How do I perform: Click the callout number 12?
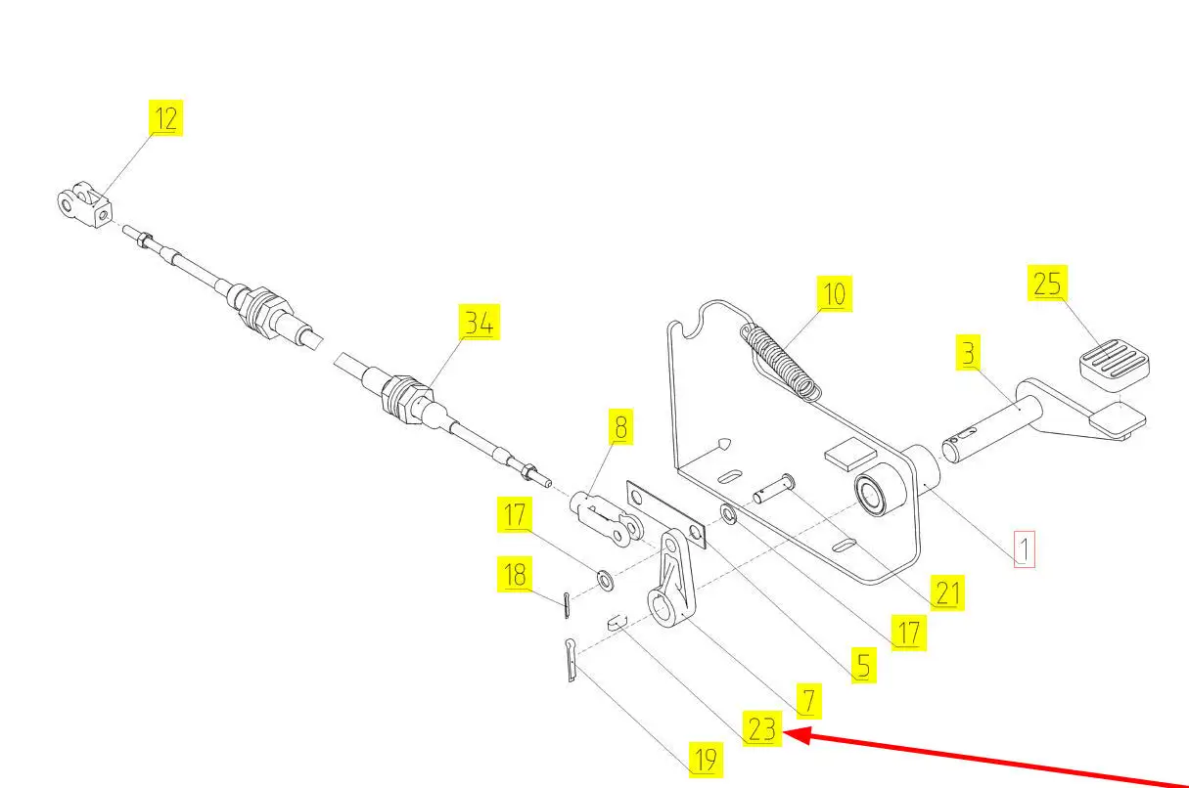pyautogui.click(x=166, y=119)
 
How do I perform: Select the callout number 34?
pyautogui.click(x=480, y=323)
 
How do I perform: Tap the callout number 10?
pyautogui.click(x=834, y=292)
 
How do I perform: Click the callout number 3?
pyautogui.click(x=968, y=353)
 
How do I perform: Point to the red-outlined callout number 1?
pyautogui.click(x=1023, y=549)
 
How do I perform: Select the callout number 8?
pyautogui.click(x=618, y=427)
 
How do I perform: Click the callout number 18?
pyautogui.click(x=515, y=574)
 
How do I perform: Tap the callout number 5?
pyautogui.click(x=862, y=666)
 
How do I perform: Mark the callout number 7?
pyautogui.click(x=808, y=700)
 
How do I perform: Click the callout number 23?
pyautogui.click(x=762, y=729)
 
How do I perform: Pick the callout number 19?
pyautogui.click(x=705, y=759)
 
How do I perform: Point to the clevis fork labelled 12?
pyautogui.click(x=84, y=203)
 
